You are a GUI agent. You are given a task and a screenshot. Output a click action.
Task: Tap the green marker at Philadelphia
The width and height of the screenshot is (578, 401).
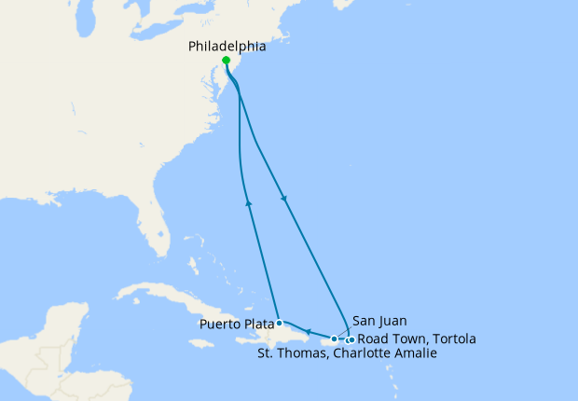click(x=227, y=61)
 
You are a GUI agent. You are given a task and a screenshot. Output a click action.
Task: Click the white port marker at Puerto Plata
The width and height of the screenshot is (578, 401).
click(x=280, y=323)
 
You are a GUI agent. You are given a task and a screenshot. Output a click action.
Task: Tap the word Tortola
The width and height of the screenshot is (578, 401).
click(x=452, y=339)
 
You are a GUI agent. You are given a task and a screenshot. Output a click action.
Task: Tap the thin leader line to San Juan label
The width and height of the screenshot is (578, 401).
click(x=344, y=330)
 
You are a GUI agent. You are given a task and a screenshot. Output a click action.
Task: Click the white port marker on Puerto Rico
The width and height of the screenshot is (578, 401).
click(x=335, y=339)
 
